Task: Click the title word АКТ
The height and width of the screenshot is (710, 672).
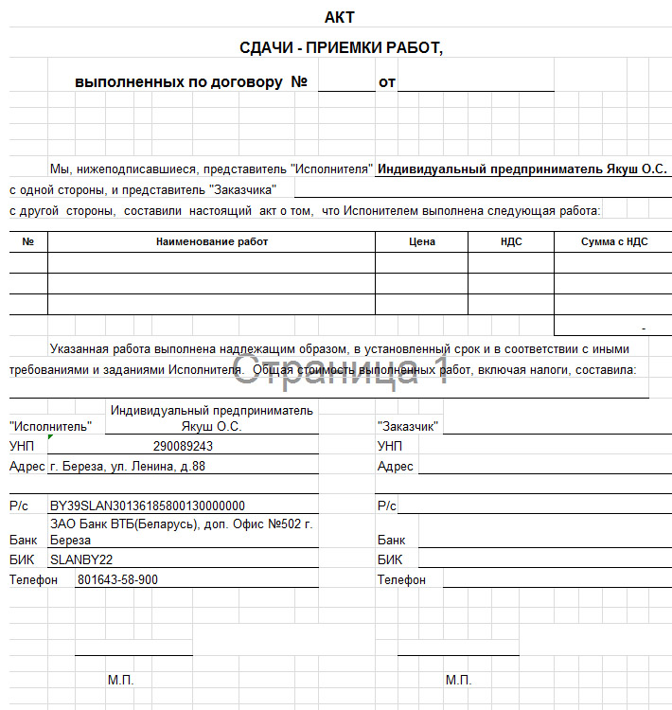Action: (339, 17)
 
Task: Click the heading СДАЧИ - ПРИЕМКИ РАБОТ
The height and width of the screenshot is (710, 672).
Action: (341, 48)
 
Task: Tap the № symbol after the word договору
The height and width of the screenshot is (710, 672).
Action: (299, 82)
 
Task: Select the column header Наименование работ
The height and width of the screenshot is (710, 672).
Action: (212, 241)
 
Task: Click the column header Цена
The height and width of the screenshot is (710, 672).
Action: (422, 241)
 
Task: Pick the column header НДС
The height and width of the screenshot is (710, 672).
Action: (511, 241)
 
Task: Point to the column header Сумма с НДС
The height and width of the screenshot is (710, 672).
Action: (613, 241)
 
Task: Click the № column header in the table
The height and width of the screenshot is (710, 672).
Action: (28, 241)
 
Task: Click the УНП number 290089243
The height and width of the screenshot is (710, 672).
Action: (183, 446)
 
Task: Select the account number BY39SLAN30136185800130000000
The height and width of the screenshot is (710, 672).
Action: (147, 506)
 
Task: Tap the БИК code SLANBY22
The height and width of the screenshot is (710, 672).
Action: (80, 559)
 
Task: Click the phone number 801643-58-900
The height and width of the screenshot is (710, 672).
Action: (117, 579)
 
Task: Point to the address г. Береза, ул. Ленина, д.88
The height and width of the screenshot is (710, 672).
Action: (127, 466)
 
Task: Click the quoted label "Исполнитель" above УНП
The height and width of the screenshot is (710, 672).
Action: (50, 426)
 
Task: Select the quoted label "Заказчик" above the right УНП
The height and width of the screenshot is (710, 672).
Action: (407, 426)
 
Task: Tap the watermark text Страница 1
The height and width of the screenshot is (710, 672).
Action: (339, 368)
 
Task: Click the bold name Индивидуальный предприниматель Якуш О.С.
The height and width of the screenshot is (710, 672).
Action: (522, 169)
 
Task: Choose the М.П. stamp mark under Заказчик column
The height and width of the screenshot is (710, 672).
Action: (458, 680)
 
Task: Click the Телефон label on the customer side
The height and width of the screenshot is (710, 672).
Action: (401, 579)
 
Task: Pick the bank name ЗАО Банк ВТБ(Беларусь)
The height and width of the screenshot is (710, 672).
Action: (180, 524)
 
